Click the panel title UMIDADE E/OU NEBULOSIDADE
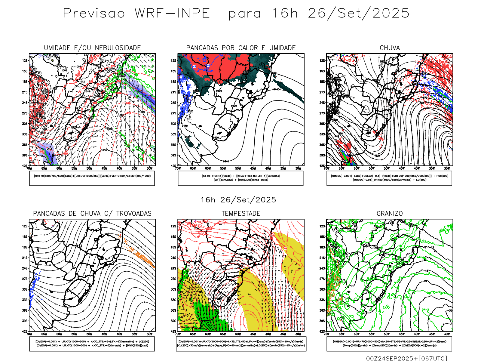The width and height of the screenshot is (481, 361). (92, 48)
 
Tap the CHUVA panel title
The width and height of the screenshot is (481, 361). (390, 48)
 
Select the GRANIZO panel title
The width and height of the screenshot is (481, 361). (390, 214)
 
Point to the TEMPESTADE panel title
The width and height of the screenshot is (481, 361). (241, 214)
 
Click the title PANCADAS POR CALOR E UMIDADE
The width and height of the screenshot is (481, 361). (241, 48)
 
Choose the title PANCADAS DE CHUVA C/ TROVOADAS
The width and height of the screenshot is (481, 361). (92, 214)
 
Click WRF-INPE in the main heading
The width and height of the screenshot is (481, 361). (172, 14)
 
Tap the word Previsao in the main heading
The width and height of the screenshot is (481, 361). (94, 14)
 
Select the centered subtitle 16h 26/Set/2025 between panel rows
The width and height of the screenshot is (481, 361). (238, 200)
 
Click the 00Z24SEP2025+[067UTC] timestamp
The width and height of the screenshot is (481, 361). (406, 358)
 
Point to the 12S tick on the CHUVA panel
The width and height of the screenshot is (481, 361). (322, 60)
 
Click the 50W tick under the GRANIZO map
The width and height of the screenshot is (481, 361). (387, 334)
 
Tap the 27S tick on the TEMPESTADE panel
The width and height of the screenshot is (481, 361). (174, 279)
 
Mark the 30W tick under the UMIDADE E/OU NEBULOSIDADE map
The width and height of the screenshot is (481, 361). (149, 168)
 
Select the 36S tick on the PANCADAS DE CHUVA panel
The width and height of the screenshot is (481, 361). (25, 310)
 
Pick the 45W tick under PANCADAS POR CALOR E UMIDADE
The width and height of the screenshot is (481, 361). (253, 168)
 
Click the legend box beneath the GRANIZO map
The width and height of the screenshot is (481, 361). (389, 344)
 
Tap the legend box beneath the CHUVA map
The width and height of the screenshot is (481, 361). (389, 178)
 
